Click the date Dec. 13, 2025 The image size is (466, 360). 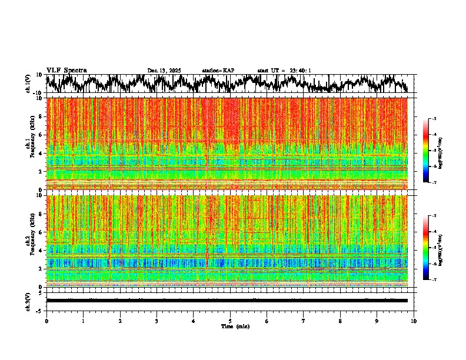(164, 71)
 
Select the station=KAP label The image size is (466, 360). (218, 71)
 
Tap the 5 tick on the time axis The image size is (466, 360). (230, 321)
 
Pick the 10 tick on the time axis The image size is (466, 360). (414, 321)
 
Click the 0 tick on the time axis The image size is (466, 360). (46, 321)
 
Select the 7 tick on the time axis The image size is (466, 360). (304, 321)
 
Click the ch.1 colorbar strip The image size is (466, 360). (432, 151)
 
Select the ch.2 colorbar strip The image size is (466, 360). (432, 248)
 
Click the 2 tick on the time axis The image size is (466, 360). (120, 321)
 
